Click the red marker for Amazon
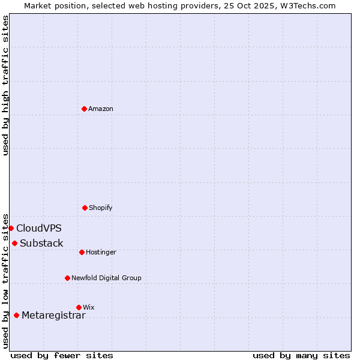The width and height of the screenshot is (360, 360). pos(85,109)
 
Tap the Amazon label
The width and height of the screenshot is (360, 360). pos(101,109)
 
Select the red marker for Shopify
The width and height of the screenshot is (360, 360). pos(85,208)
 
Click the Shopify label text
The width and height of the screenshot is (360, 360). pos(101,208)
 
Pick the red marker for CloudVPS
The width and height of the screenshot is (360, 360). pos(11,228)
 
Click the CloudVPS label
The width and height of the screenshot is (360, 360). pos(39,228)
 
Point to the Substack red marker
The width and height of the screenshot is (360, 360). pos(14,243)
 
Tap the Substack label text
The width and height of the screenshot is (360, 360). pos(41,243)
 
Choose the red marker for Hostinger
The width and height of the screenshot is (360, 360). pos(82,252)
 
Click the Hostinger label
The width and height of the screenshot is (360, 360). pos(101,252)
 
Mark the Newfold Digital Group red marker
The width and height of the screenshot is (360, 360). pos(67,278)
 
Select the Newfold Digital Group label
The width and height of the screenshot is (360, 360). pos(106,278)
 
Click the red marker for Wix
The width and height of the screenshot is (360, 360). pos(79,307)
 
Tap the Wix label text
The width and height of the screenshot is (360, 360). pos(89,307)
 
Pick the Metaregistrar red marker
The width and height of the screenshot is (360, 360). pos(16,315)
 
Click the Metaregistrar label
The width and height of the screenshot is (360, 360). pos(53,315)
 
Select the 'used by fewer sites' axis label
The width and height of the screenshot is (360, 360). pos(62,355)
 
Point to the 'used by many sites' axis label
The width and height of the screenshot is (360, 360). pos(301,355)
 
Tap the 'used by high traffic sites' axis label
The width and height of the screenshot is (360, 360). pos(5,85)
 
